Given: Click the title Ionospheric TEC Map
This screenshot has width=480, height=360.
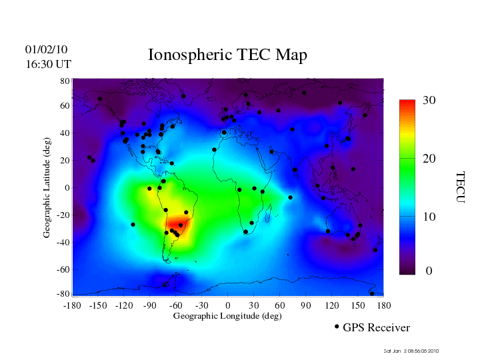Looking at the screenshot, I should pos(227,55).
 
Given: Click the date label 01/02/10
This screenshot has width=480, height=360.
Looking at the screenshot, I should pos(46,49).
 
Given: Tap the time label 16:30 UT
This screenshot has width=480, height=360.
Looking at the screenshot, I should pos(49,64).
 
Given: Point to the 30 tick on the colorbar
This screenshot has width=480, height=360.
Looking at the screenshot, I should pos(429,100).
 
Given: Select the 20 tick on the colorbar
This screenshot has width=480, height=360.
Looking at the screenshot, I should pos(429,160).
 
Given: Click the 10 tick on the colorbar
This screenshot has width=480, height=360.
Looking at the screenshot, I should pos(429,217).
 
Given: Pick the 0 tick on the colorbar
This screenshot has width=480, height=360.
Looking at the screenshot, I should pos(429,271).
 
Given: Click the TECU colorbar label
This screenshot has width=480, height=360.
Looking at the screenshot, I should pos(460,187).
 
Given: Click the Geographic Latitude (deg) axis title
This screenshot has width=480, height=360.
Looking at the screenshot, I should pos(47,192).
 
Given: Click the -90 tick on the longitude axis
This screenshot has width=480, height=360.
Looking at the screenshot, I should pos(149,305).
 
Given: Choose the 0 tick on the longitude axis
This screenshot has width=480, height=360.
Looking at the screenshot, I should pos(228,305).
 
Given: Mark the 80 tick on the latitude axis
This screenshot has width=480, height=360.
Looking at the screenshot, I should pos(65,81).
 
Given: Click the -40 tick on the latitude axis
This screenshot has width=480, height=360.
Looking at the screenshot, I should pos(63,243).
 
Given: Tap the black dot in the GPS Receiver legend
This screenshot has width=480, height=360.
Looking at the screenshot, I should pos(337,327).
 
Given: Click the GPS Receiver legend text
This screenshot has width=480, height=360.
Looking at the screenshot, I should pos(376,328).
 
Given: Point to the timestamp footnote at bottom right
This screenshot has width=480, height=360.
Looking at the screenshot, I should pos(411,351).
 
